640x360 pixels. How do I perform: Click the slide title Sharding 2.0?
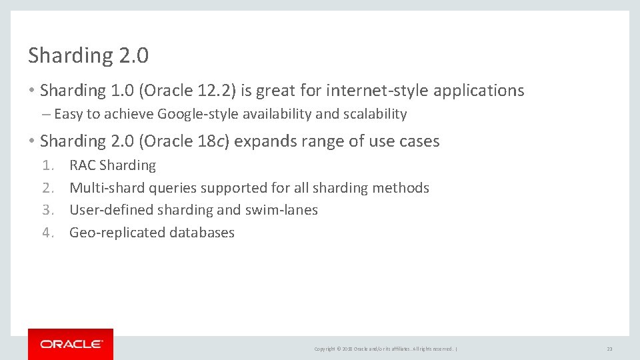coord(88,56)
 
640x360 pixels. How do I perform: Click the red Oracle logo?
coord(71,344)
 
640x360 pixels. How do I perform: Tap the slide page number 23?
coord(609,349)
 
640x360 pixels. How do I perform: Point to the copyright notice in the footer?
coord(384,349)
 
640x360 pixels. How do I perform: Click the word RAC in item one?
coord(83,165)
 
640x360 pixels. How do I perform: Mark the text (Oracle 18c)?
coord(185,141)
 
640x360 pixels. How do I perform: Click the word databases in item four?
coord(202,233)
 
